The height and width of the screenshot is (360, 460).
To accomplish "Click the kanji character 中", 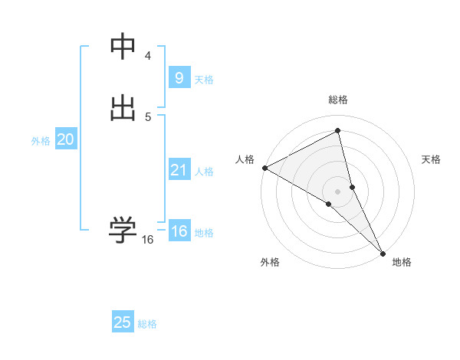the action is coord(123,47).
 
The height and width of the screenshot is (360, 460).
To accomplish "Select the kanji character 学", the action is coord(123,230).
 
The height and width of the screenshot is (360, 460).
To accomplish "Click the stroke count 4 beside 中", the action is coord(148,56).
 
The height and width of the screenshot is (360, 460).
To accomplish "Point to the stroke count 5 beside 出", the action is coord(148,116).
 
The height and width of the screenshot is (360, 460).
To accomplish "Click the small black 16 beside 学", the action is coord(147,240).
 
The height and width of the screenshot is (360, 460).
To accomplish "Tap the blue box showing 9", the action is coord(179,78).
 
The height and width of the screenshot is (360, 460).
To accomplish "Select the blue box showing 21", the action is coord(179,170).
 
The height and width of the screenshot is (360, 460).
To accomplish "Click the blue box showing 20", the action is coord(65,139).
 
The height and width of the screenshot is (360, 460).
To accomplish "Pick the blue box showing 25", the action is coord(123,322).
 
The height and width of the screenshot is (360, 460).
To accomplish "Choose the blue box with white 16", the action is coord(179,231).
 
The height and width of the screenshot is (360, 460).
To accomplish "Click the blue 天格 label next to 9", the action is coord(204,80).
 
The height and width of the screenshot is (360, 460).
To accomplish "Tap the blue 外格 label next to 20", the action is coord(41,141).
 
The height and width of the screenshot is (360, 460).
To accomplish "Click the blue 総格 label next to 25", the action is coord(147,324).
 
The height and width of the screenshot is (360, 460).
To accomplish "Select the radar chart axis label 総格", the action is coord(337,100).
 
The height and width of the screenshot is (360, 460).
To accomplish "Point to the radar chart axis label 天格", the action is coord(432,159).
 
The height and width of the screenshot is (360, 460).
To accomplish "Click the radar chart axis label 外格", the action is coord(270,262).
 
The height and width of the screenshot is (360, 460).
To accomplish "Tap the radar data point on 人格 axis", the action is coord(264,168).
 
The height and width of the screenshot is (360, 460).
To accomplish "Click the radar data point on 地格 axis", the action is coord(383,252).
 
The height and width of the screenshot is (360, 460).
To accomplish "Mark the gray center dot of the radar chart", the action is coord(337,190).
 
